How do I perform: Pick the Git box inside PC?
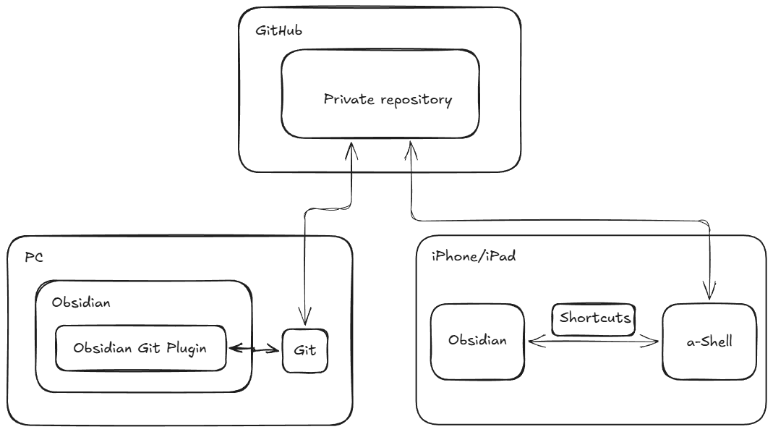pos(305,350)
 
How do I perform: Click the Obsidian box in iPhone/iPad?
pos(477,341)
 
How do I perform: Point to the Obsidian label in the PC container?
pos(81,302)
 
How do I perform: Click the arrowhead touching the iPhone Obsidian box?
pos(533,341)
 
